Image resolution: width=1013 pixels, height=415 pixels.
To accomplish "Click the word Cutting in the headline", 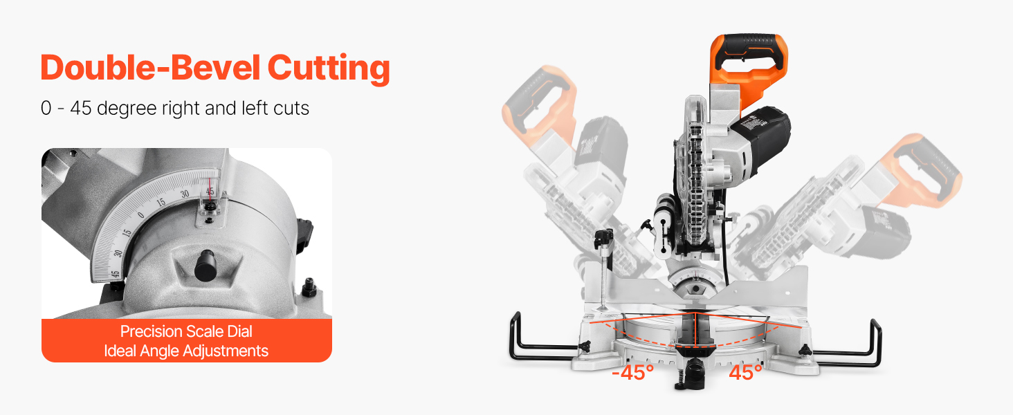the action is click(x=329, y=68).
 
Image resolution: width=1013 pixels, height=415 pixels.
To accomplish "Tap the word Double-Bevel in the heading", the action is click(x=150, y=67).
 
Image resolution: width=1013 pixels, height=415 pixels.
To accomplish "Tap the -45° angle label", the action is click(x=632, y=373).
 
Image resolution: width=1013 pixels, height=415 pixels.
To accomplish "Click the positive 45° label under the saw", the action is click(x=745, y=373).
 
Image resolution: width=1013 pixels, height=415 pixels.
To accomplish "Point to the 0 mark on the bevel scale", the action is click(x=141, y=214).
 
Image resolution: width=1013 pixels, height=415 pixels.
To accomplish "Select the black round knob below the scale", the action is click(x=206, y=266).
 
